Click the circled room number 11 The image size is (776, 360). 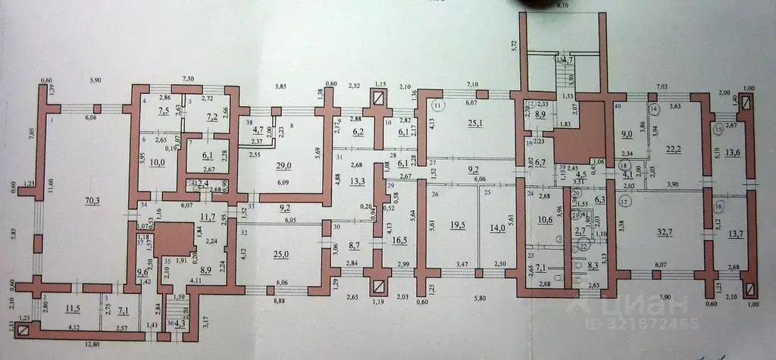[437, 105]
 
